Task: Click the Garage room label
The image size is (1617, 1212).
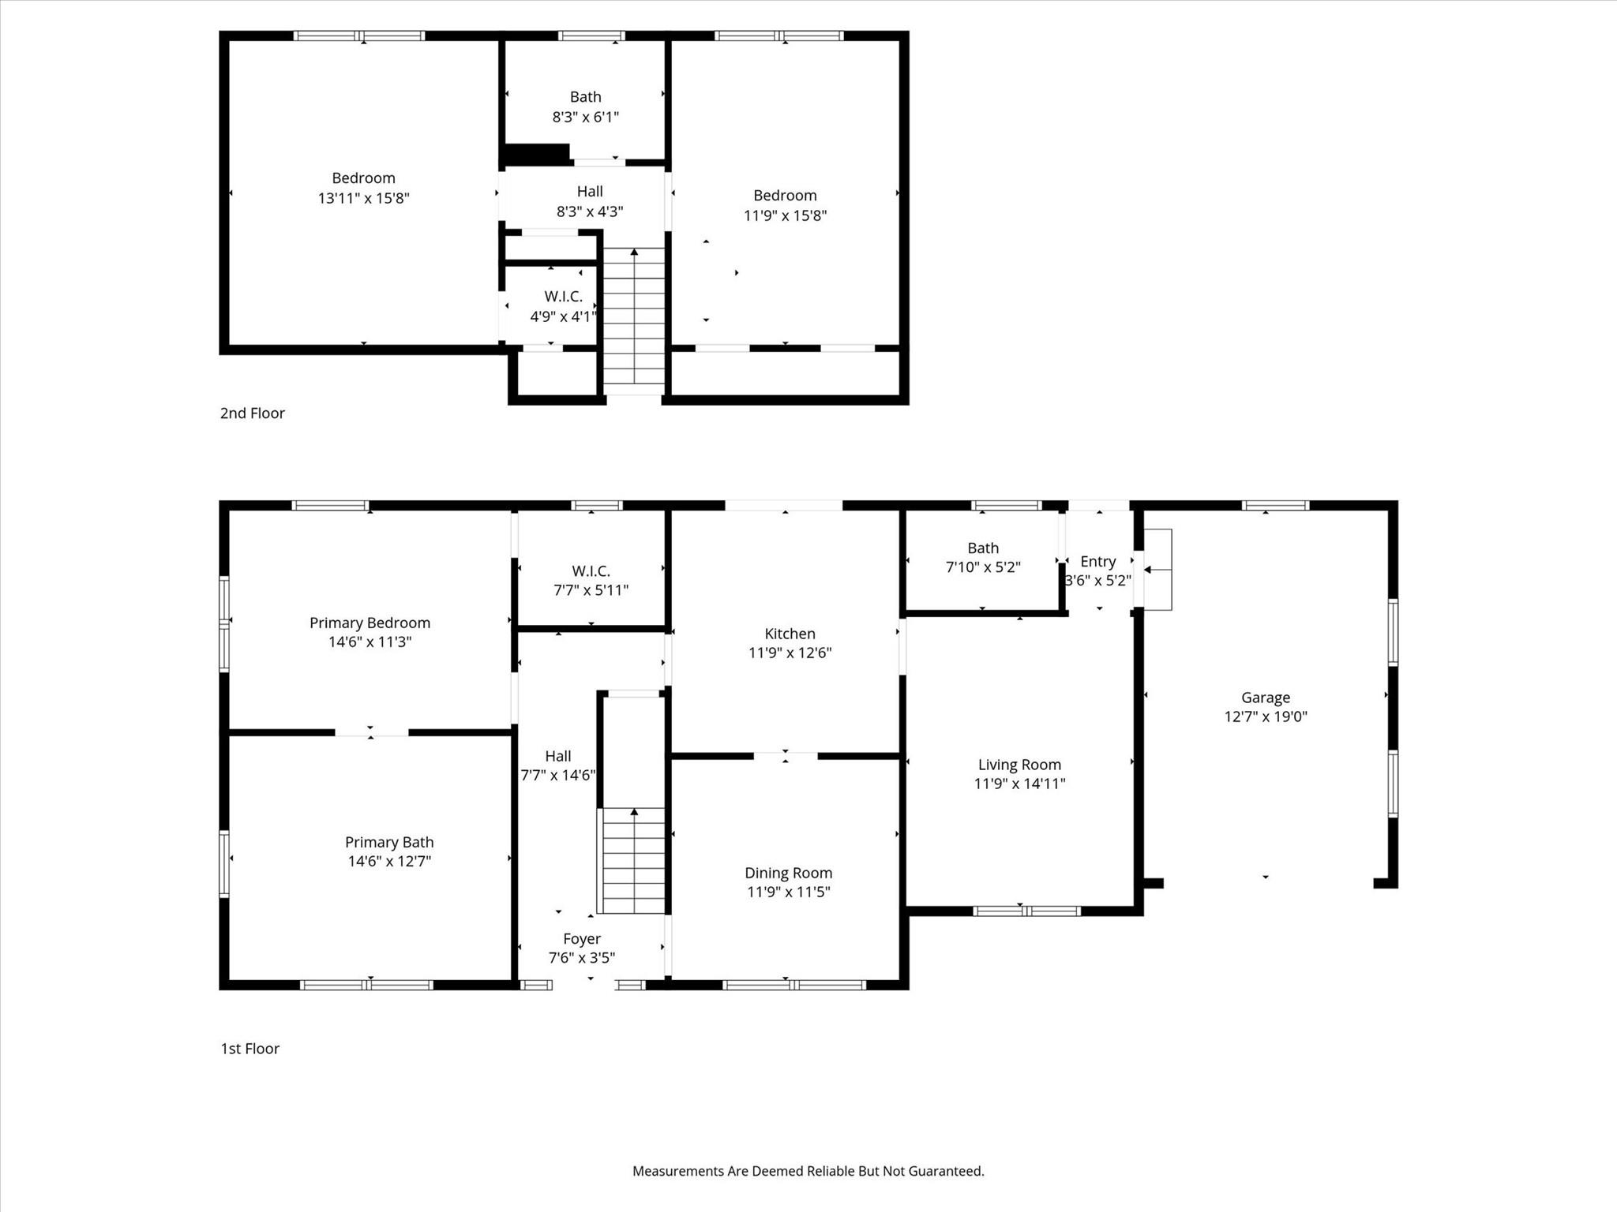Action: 1265,698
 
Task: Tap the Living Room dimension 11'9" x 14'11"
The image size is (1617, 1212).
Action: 1019,784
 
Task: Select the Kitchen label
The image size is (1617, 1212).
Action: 790,634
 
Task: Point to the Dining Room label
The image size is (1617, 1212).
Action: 788,873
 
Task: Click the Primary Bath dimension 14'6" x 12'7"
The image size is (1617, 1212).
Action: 389,861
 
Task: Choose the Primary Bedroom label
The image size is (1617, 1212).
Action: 370,623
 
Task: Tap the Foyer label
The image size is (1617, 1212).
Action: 582,939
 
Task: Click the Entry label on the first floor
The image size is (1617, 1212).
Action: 1097,561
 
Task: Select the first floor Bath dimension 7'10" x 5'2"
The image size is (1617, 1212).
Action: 983,567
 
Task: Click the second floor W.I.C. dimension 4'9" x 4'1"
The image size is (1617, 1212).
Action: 562,316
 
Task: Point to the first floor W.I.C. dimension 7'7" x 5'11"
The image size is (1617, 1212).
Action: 591,589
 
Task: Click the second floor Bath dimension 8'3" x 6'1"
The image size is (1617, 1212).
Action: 585,117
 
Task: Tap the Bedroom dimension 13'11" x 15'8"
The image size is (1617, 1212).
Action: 363,198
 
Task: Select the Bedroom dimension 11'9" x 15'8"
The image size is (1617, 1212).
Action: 785,215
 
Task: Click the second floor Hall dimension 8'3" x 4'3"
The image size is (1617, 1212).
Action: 590,211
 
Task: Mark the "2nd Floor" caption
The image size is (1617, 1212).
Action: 252,413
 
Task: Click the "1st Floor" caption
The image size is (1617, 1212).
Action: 249,1049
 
